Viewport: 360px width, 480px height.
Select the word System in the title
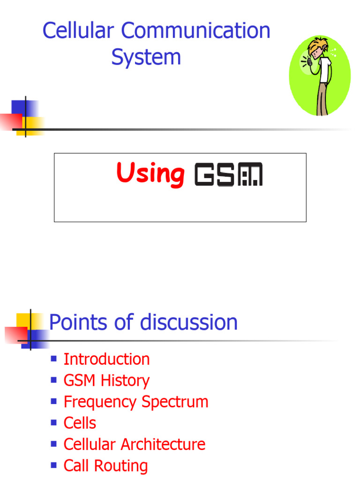click(x=146, y=58)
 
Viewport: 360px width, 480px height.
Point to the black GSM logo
click(x=228, y=174)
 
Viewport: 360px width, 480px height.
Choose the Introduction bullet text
click(x=106, y=360)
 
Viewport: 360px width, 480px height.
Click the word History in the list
click(x=127, y=381)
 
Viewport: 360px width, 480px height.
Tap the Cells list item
click(x=80, y=423)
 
